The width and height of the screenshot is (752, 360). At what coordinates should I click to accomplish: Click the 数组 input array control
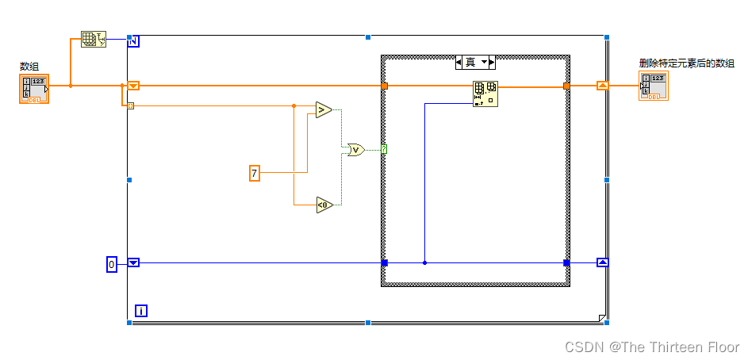point(34,89)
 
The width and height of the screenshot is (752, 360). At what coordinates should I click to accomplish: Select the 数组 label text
point(29,67)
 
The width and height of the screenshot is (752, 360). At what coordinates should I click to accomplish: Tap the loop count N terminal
point(133,40)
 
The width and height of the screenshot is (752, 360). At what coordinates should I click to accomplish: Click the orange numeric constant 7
point(255,173)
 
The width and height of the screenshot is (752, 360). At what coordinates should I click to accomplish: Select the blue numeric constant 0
point(112,263)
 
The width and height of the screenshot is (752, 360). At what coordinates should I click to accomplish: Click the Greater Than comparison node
point(323,109)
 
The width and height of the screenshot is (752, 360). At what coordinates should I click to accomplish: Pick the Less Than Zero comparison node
point(324,205)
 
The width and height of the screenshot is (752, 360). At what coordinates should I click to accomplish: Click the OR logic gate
point(355,148)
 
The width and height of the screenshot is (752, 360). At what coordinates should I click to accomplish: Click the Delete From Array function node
point(485,94)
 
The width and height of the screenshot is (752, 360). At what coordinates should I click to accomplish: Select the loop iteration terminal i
point(141,311)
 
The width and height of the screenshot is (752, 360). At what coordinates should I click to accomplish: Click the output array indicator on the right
point(654,86)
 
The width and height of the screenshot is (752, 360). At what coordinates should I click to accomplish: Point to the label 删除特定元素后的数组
point(686,63)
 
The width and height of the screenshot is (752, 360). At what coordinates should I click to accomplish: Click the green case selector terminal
point(384,149)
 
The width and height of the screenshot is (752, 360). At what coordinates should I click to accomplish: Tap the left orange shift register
point(133,86)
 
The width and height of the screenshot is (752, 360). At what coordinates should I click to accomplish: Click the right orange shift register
point(603,86)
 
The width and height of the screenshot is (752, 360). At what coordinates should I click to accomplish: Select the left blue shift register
point(133,262)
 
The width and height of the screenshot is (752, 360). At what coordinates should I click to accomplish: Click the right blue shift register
point(603,262)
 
